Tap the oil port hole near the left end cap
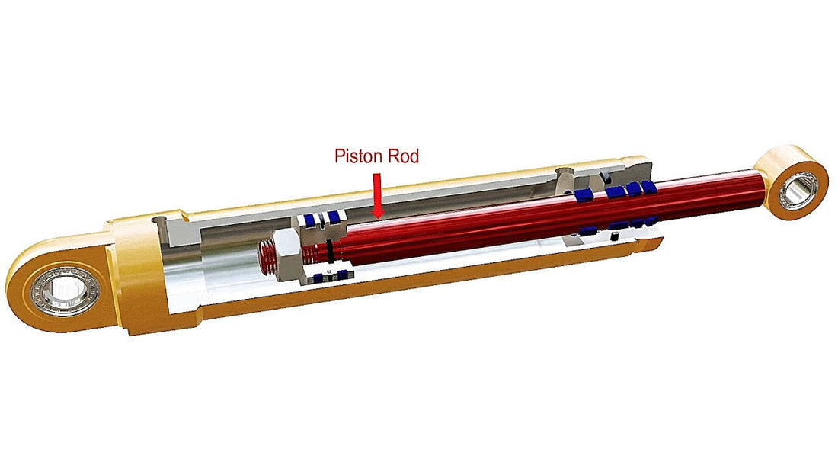(160, 221)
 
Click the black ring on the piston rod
(328, 249)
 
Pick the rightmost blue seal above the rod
(648, 186)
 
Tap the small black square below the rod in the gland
(613, 237)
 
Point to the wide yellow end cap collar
(137, 275)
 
